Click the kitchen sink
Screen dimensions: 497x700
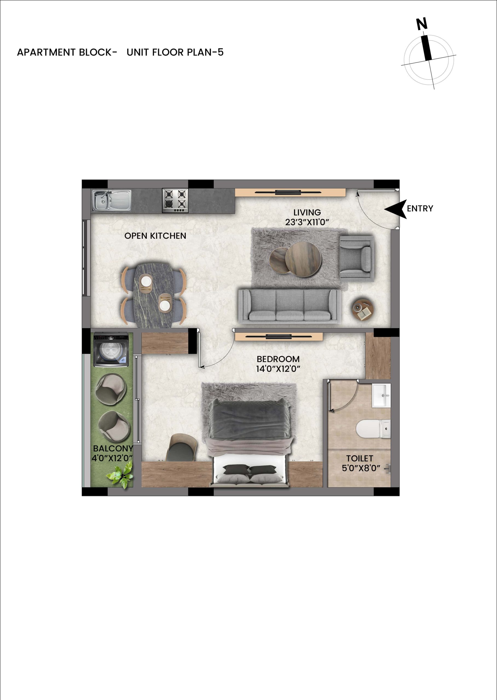pyautogui.click(x=112, y=200)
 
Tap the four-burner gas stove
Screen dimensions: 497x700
pyautogui.click(x=175, y=200)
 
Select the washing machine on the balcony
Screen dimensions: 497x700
pyautogui.click(x=111, y=350)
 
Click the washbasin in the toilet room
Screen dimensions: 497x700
pyautogui.click(x=381, y=396)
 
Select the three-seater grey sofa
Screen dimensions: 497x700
pyautogui.click(x=290, y=306)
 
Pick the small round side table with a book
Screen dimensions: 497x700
pyautogui.click(x=363, y=309)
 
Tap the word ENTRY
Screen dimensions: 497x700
pyautogui.click(x=420, y=208)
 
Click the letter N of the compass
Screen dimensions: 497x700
pyautogui.click(x=422, y=24)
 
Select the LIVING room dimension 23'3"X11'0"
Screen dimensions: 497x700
pyautogui.click(x=307, y=222)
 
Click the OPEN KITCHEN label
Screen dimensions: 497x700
pyautogui.click(x=155, y=236)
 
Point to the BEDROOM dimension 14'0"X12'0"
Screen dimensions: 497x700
pyautogui.click(x=278, y=369)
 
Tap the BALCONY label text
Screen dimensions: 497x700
pyautogui.click(x=113, y=448)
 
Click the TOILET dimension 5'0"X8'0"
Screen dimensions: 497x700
pyautogui.click(x=361, y=468)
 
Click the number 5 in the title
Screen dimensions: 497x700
pyautogui.click(x=220, y=52)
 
